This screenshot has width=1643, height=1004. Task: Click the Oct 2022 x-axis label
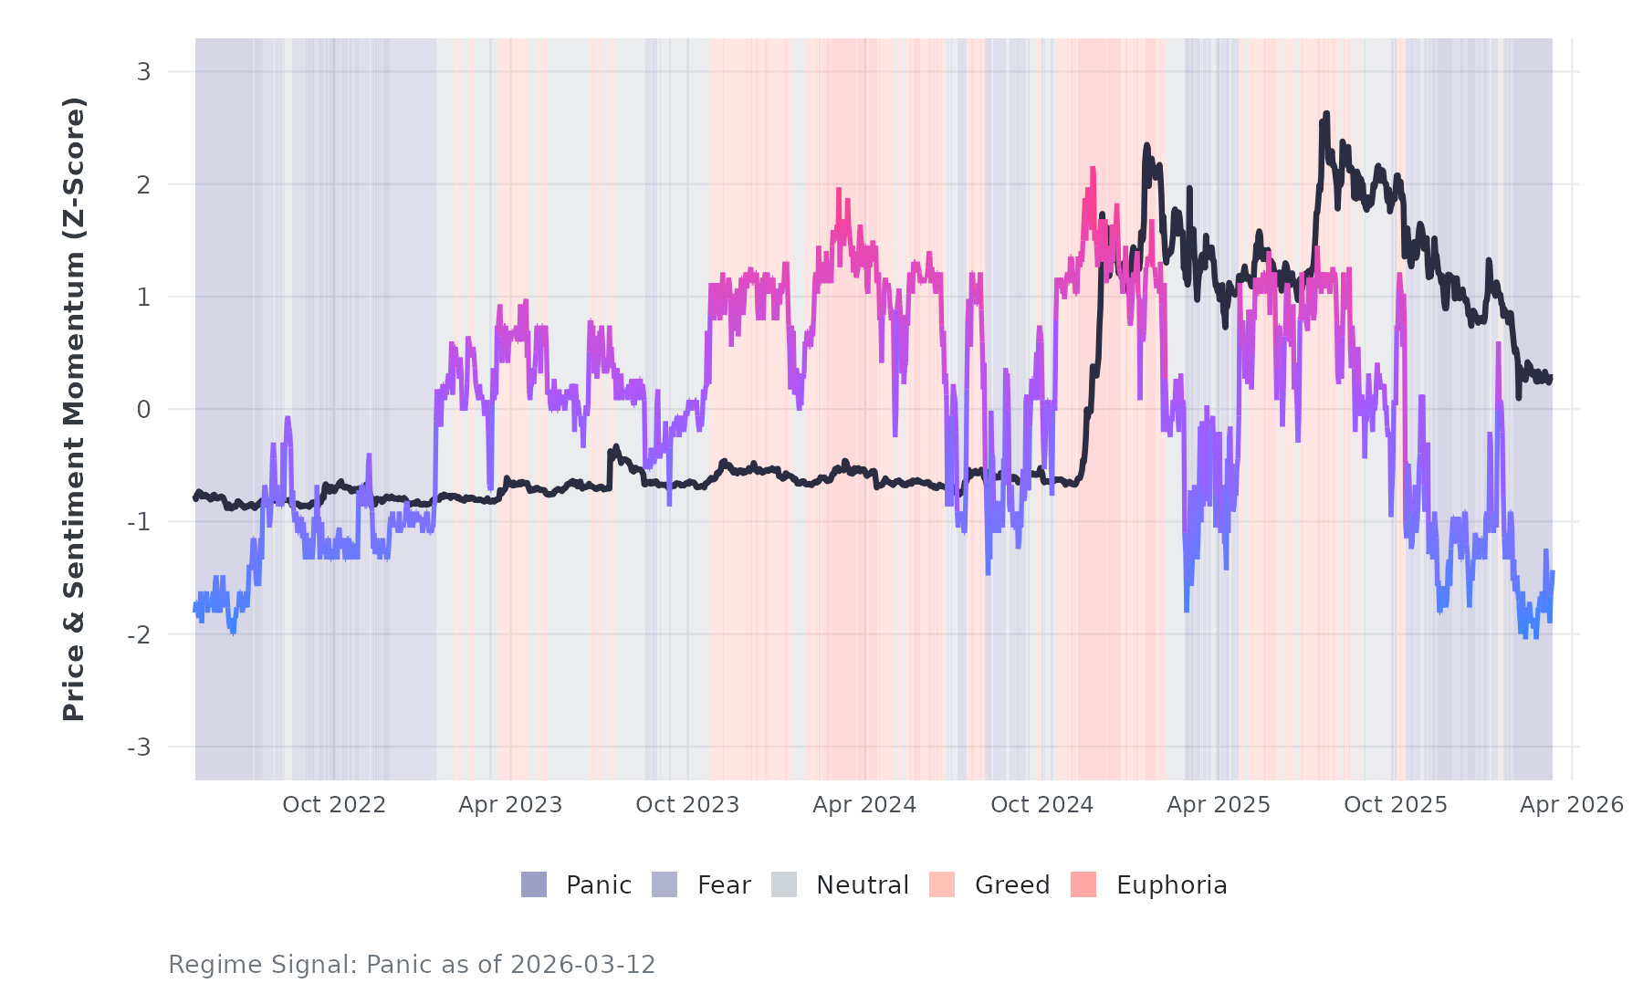click(334, 804)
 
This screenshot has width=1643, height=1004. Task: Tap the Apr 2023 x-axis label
click(510, 804)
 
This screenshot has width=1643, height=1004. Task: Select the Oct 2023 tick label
click(687, 804)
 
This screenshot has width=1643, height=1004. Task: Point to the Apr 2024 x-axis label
click(864, 804)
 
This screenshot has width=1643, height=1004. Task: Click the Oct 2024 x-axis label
click(1041, 804)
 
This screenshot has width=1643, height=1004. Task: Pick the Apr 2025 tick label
click(1219, 804)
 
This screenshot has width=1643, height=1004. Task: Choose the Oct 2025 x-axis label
click(1396, 804)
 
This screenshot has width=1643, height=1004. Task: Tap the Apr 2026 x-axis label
click(1572, 804)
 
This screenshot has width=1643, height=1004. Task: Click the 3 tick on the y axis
click(143, 71)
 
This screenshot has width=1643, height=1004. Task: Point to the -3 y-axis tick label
click(139, 748)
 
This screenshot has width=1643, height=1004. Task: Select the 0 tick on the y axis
click(143, 410)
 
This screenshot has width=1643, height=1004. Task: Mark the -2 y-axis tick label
click(139, 634)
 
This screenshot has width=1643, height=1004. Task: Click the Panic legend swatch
click(534, 884)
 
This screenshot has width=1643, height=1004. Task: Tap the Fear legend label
click(724, 884)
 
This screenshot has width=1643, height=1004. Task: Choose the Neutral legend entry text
click(863, 884)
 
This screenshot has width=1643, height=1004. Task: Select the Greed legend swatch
click(942, 884)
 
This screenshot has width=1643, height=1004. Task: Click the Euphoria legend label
click(1171, 884)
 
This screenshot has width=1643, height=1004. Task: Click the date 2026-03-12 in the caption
click(583, 965)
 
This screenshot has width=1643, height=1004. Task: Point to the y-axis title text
click(74, 409)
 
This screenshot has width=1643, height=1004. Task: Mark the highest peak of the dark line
click(1326, 114)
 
